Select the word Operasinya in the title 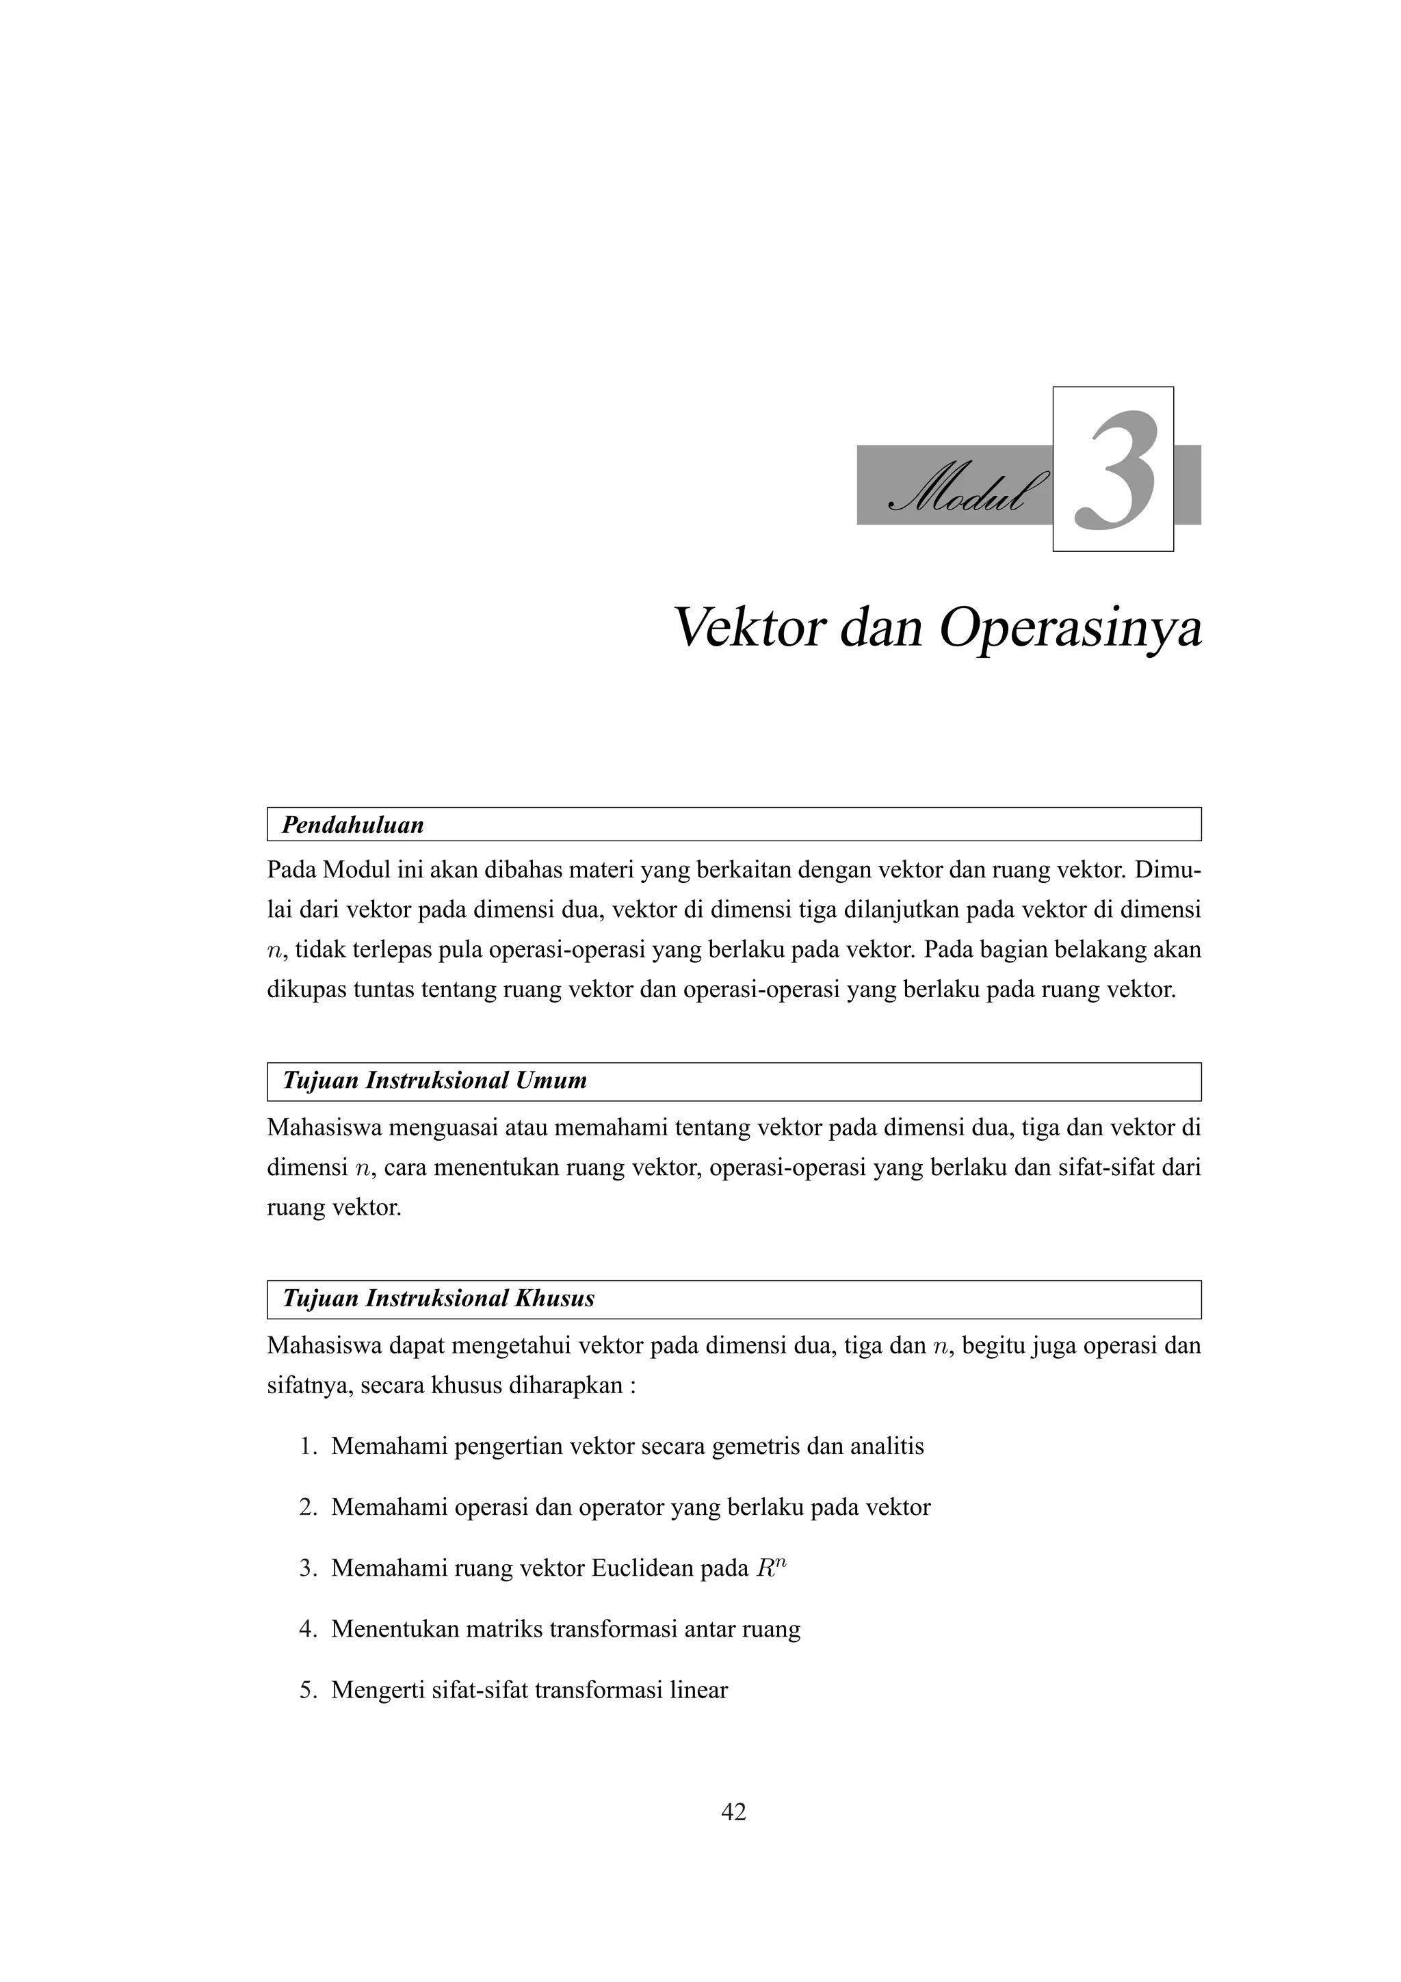click(x=1071, y=630)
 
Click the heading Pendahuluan click(x=353, y=825)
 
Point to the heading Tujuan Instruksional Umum click(x=435, y=1081)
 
